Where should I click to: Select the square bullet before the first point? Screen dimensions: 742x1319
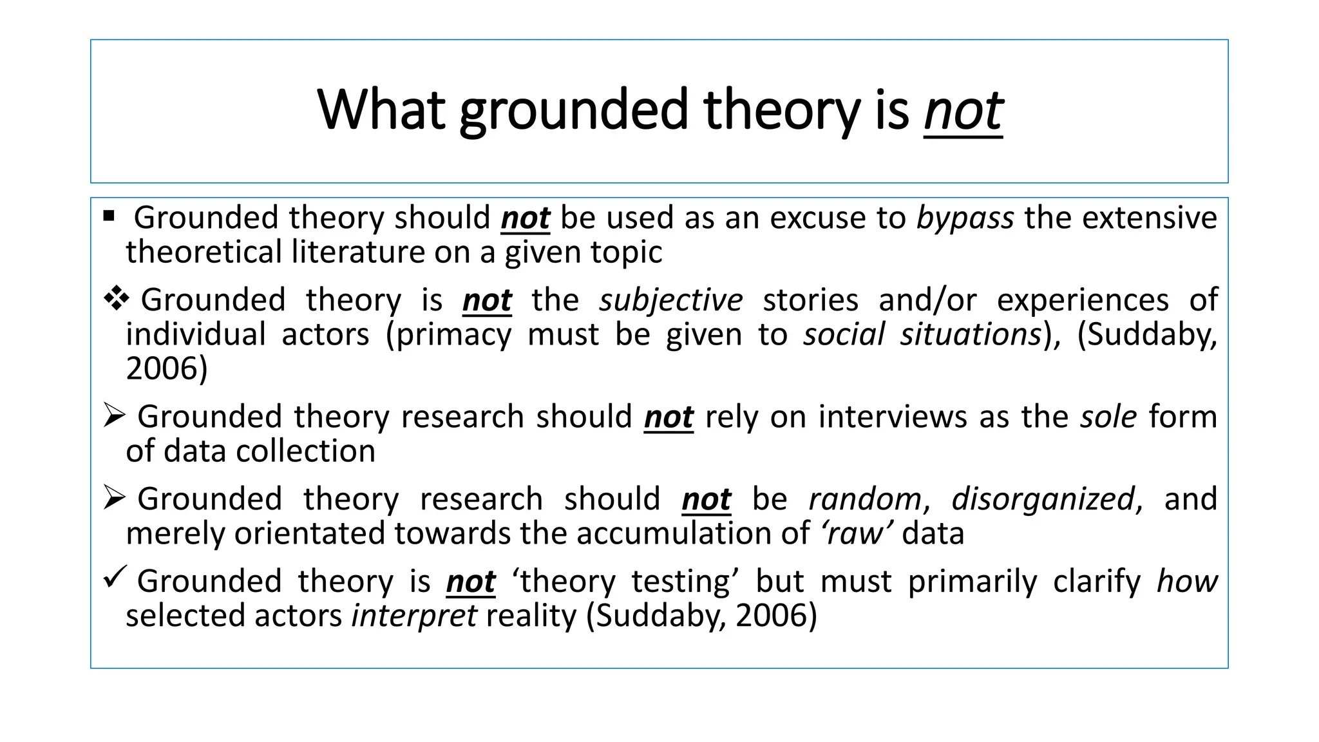pos(108,215)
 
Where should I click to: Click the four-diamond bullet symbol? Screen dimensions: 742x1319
pos(116,299)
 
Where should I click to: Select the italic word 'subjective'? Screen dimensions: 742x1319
pos(670,300)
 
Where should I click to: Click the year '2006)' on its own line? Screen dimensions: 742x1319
pos(167,368)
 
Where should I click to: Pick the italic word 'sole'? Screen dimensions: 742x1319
pos(1108,417)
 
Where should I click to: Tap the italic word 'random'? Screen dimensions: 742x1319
pos(865,499)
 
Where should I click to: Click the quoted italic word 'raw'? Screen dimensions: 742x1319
pos(856,533)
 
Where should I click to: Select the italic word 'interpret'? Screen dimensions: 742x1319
pos(414,616)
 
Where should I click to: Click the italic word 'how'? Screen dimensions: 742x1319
pos(1187,581)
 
